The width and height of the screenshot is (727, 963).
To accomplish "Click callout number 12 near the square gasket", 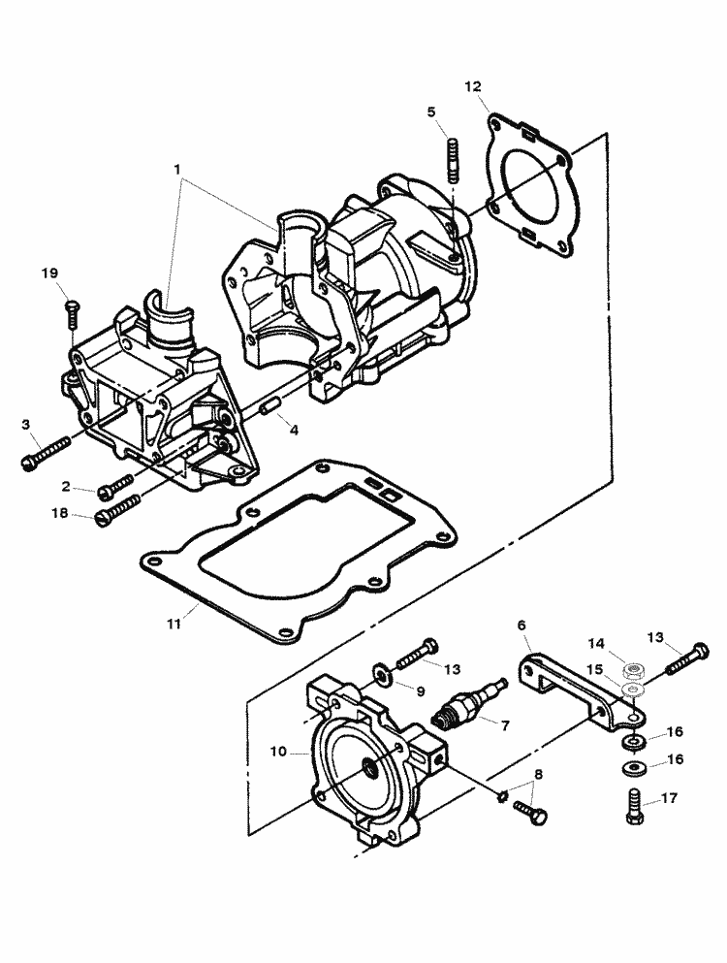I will click(472, 87).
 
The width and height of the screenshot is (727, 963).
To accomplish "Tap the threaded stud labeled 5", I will click(452, 161).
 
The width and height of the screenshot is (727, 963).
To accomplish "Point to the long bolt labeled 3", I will click(47, 452).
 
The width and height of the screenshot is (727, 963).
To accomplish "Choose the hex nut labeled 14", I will click(637, 669).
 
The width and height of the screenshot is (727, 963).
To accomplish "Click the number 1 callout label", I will click(177, 169).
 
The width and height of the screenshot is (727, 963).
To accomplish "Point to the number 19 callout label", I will click(50, 273).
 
